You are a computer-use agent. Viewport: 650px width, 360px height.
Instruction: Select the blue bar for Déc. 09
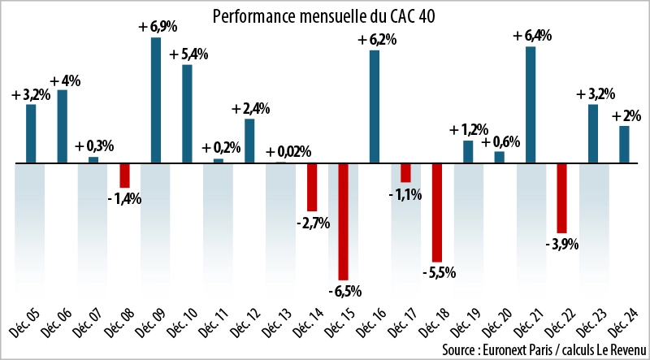point(156,100)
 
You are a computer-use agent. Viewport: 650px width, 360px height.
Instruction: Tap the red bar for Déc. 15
point(343,221)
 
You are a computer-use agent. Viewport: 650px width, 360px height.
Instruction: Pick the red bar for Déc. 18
point(436,212)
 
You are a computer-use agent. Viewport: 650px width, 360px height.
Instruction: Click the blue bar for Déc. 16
point(375,106)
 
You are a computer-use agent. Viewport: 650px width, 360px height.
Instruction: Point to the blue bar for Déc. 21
point(531,105)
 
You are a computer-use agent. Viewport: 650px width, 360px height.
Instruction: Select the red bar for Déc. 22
point(561,197)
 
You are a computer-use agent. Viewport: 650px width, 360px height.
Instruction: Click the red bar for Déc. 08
point(125,176)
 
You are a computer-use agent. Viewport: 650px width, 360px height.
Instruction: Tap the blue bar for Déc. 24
point(624,144)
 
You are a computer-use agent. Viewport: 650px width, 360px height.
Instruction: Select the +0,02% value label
point(288,151)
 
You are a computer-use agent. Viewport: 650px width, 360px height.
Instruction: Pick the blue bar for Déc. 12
point(249,141)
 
